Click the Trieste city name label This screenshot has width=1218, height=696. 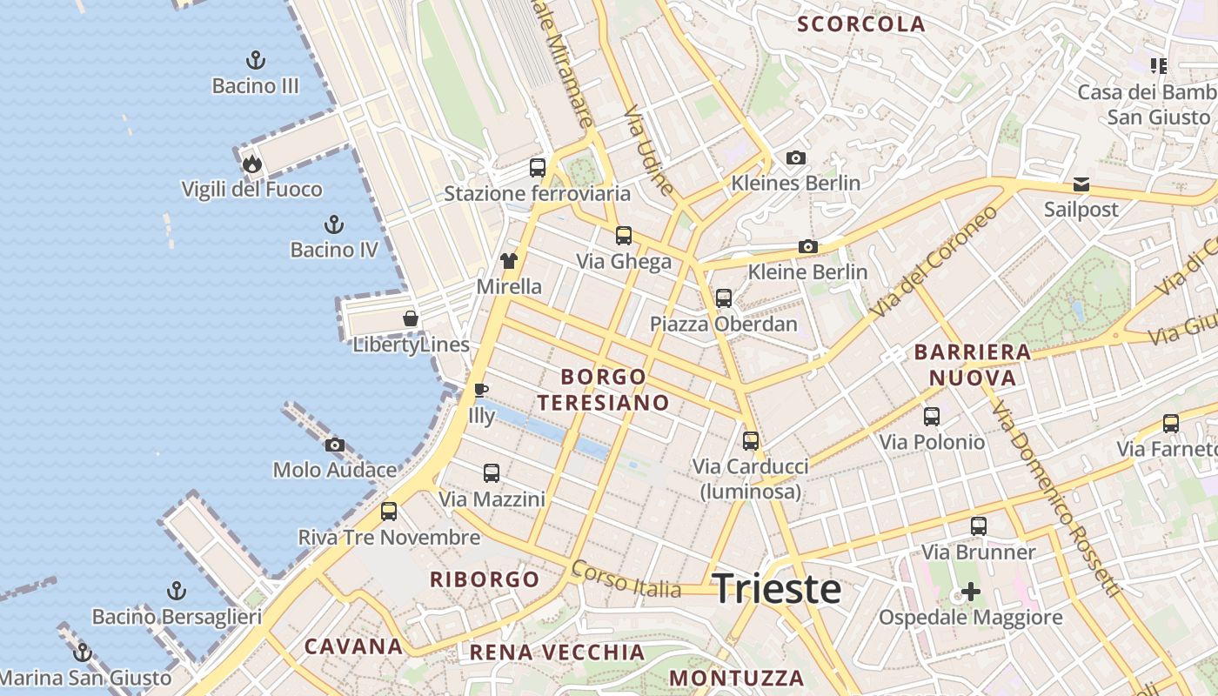[777, 589]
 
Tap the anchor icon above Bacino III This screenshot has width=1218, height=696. [255, 60]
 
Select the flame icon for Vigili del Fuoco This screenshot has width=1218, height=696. [251, 164]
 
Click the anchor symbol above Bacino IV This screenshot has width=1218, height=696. [333, 224]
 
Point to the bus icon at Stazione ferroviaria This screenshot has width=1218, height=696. [538, 167]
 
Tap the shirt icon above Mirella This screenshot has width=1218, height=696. [509, 260]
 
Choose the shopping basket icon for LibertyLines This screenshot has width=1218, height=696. [411, 318]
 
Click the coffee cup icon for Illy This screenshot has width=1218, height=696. [480, 389]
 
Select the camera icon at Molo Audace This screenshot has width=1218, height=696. [335, 445]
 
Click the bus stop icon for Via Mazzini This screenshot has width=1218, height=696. [492, 472]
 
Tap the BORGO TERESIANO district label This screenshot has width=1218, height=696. [604, 390]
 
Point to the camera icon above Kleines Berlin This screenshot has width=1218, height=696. [795, 157]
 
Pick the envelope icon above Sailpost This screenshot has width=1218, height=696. [1081, 184]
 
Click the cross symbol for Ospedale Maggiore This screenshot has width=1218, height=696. [970, 592]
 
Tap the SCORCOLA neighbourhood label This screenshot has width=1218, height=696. [860, 24]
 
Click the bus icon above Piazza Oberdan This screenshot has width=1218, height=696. [723, 298]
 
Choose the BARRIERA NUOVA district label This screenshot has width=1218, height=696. [972, 365]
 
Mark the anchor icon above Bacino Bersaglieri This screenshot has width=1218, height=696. [177, 591]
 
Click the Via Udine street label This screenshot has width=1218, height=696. [649, 149]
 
